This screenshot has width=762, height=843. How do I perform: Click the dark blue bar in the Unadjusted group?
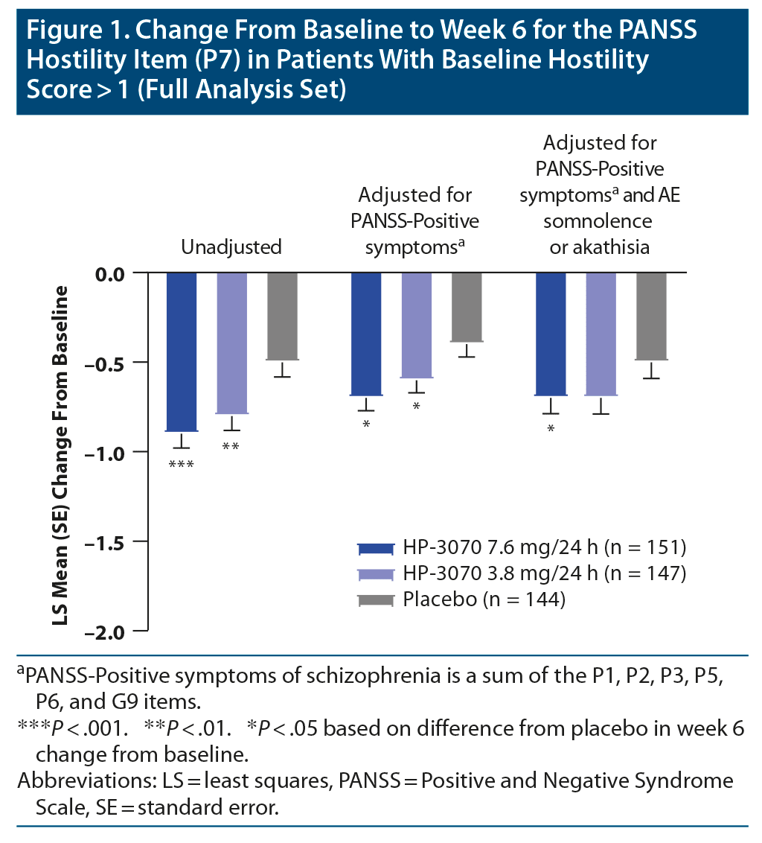(x=181, y=351)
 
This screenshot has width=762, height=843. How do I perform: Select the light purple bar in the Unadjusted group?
(x=231, y=343)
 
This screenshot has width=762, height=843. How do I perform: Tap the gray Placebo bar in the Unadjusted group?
(x=282, y=316)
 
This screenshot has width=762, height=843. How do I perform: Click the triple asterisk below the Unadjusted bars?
(x=181, y=465)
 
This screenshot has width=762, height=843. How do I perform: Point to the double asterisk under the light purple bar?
(x=231, y=447)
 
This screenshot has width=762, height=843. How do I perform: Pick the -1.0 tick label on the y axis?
(x=118, y=452)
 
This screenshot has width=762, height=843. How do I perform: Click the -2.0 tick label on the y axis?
(x=118, y=632)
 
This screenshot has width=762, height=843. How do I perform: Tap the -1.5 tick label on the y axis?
(x=118, y=541)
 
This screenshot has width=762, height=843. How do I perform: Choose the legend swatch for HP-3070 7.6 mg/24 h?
(x=376, y=548)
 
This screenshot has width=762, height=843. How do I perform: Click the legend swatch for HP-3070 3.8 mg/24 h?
(x=376, y=573)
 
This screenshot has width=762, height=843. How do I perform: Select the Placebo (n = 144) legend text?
(x=484, y=599)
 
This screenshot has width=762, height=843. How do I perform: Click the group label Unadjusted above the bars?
(x=231, y=247)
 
